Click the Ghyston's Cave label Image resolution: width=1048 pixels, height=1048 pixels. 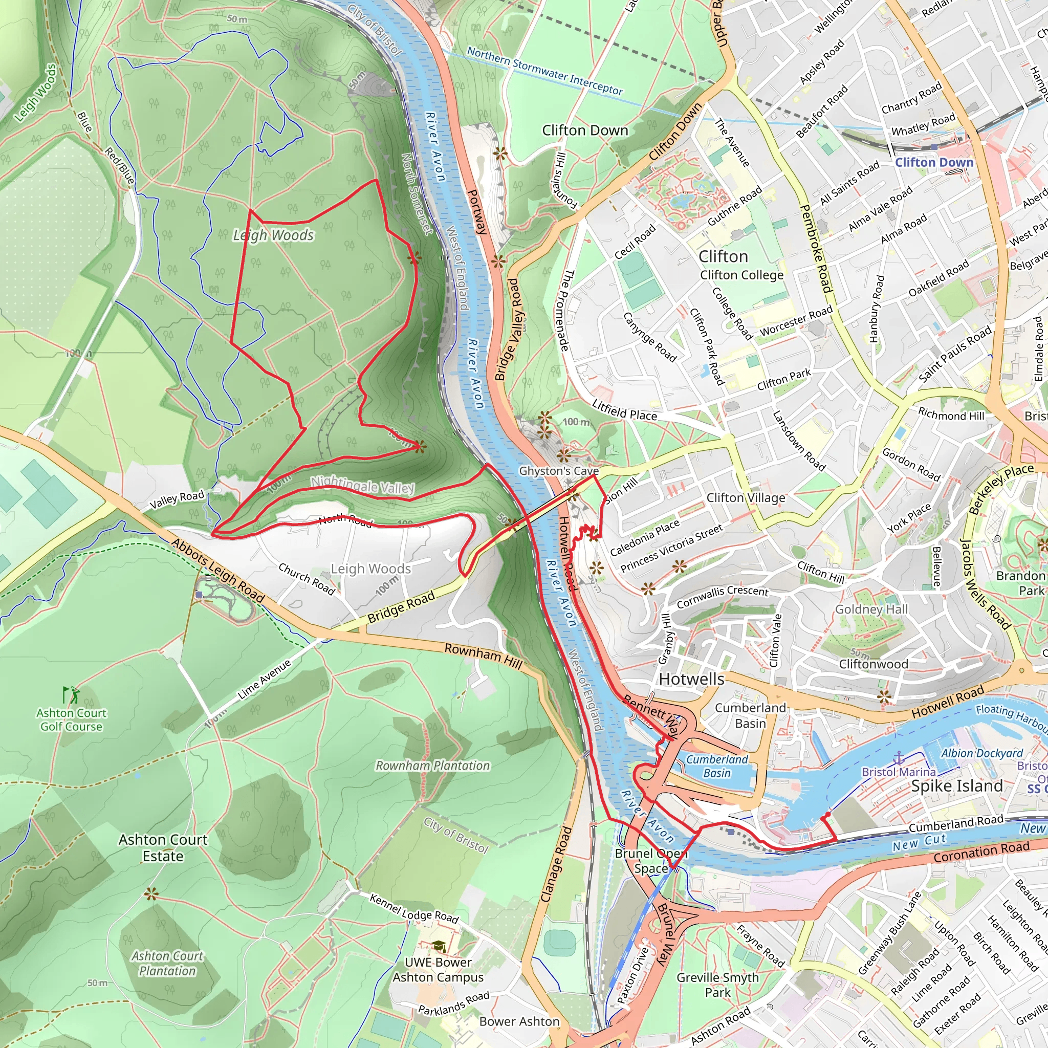point(559,471)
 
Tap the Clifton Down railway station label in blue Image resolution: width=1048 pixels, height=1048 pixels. point(934,162)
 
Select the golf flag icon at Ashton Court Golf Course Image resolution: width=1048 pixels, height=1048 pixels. point(70,695)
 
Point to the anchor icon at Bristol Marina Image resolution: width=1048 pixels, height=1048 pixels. point(899,757)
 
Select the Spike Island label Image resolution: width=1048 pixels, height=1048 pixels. point(957,786)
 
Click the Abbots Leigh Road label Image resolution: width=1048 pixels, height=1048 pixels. point(218,570)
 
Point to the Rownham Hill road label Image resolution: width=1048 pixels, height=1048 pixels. point(483,656)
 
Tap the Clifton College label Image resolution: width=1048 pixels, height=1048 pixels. point(741,275)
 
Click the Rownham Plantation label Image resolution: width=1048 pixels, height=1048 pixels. point(432,766)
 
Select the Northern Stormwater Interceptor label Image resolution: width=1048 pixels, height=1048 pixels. point(544,71)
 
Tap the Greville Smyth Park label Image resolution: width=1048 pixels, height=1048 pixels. point(717,985)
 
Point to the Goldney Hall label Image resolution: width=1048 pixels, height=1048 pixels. point(871,609)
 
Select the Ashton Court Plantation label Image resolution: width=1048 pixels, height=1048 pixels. point(167,963)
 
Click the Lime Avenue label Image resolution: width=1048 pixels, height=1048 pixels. point(264,679)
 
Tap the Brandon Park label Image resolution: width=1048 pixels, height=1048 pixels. point(1020,583)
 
